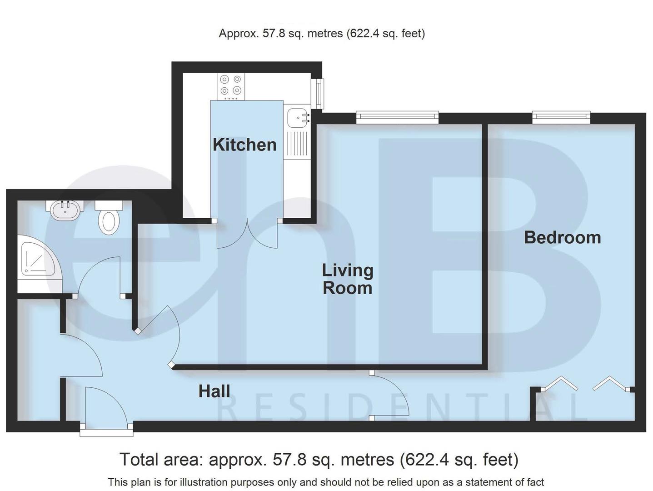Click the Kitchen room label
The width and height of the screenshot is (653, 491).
244,145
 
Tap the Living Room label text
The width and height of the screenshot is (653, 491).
348,279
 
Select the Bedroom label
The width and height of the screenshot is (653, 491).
562,237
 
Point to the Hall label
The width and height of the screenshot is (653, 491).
214,391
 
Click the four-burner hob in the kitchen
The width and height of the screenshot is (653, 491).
231,86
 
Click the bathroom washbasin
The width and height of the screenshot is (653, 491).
65,210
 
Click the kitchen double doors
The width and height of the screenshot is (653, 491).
247,234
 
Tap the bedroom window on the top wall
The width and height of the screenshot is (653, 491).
561,117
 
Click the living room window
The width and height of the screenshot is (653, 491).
398,117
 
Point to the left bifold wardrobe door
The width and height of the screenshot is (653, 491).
561,383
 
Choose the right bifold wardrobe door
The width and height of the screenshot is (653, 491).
610,383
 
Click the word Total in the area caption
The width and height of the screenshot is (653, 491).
139,460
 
